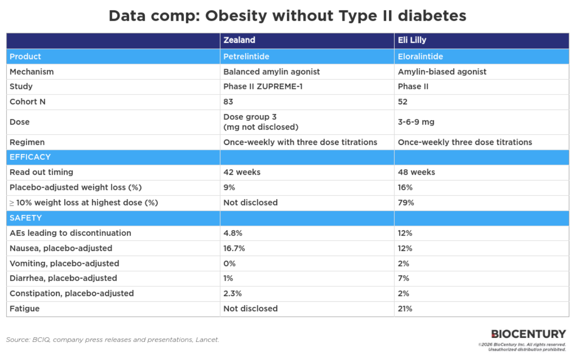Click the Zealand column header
pyautogui.click(x=239, y=40)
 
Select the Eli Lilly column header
pyautogui.click(x=412, y=40)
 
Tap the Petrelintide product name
pyautogui.click(x=246, y=56)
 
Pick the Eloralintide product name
pyautogui.click(x=420, y=56)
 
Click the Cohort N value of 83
pyautogui.click(x=228, y=102)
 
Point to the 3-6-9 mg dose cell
pyautogui.click(x=416, y=122)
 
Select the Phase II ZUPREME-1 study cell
pyautogui.click(x=263, y=86)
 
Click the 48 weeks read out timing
pyautogui.click(x=416, y=172)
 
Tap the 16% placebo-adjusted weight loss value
pyautogui.click(x=405, y=188)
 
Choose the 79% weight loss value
pyautogui.click(x=406, y=203)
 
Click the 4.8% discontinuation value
pyautogui.click(x=233, y=233)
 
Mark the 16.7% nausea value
pyautogui.click(x=234, y=248)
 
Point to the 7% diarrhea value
pyautogui.click(x=403, y=278)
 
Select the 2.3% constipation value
pyautogui.click(x=233, y=293)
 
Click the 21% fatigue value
pyautogui.click(x=405, y=309)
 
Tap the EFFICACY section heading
pyautogui.click(x=30, y=157)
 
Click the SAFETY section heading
pyautogui.click(x=25, y=218)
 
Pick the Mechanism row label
pyautogui.click(x=31, y=71)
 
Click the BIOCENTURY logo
pyautogui.click(x=528, y=334)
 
